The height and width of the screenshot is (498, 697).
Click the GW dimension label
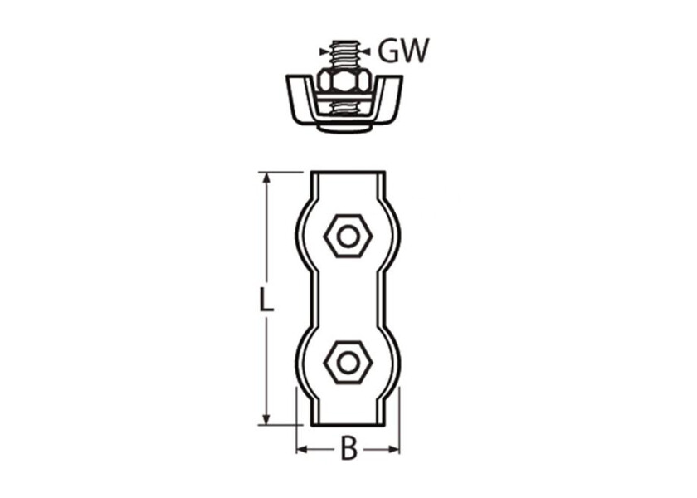coord(403,51)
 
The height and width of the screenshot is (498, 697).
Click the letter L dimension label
coord(266,300)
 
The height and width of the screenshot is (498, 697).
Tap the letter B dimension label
coord(348,450)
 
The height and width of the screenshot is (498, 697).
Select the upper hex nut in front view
coord(348,237)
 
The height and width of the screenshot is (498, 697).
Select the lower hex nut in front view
coord(348,364)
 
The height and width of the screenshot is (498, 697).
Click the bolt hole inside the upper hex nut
coord(348,237)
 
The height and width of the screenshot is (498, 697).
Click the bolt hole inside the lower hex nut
coord(348,364)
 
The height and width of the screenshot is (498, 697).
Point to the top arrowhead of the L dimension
coord(266,178)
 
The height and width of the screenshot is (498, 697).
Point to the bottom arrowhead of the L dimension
coord(266,419)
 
